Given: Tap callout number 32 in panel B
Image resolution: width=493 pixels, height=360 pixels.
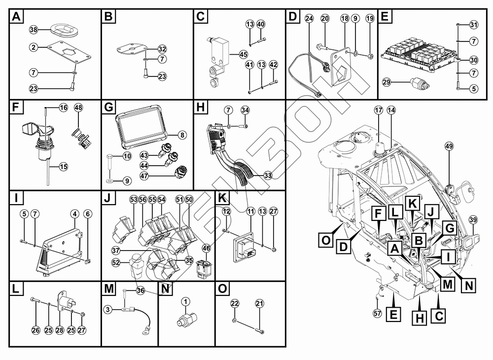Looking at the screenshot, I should click(x=162, y=49).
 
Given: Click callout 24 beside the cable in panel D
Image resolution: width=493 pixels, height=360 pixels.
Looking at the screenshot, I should click(x=309, y=18).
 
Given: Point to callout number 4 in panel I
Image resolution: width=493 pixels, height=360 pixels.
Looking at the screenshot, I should click(x=74, y=214).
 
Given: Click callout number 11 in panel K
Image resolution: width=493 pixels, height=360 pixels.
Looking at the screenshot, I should click(x=251, y=211).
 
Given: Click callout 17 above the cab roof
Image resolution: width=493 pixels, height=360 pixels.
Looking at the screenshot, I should click(x=379, y=111).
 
